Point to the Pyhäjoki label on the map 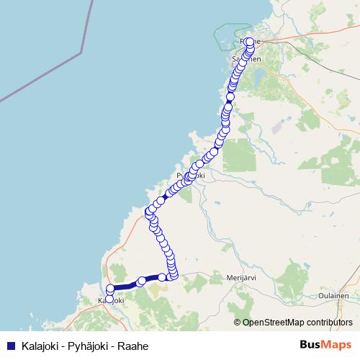(x=191, y=176)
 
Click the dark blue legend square (x=11, y=346)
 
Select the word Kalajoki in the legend (x=40, y=346)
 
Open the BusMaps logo (x=325, y=345)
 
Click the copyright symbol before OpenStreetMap (x=238, y=323)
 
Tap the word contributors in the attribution (x=329, y=323)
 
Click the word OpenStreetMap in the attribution (x=273, y=323)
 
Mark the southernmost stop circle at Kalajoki (x=109, y=299)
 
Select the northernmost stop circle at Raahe (x=250, y=41)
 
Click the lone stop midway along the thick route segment (x=142, y=282)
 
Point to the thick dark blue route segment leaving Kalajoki (x=126, y=286)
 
